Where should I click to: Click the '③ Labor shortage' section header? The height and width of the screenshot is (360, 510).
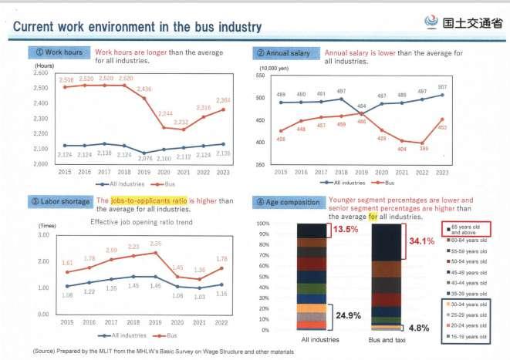61,202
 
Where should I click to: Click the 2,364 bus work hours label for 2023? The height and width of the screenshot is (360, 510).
223,99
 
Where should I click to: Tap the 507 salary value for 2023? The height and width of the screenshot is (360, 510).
442,86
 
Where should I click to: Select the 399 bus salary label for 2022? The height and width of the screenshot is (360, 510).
423,148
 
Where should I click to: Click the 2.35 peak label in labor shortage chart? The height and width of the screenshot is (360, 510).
154,244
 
